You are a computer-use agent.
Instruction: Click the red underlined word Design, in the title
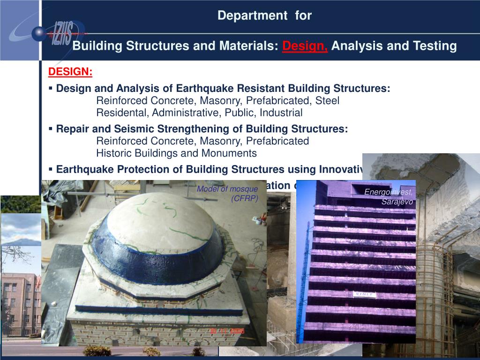point(305,46)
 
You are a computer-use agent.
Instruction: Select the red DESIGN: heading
point(70,72)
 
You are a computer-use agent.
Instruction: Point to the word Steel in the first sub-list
point(327,101)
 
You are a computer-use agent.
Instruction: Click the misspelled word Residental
point(122,113)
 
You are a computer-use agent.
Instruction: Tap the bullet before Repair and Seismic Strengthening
point(51,129)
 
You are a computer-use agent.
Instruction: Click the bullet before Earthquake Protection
point(51,169)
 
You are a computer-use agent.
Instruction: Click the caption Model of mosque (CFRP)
point(228,193)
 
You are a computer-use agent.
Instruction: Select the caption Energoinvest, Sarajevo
point(389,196)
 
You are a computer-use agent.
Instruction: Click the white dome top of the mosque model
point(155,216)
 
